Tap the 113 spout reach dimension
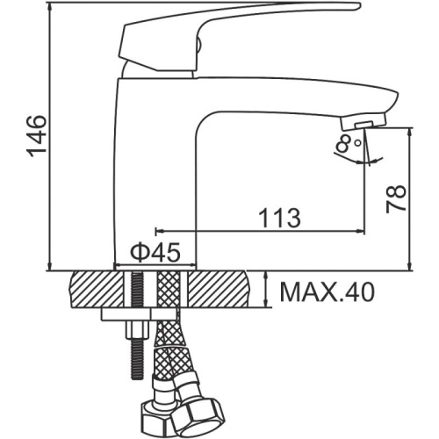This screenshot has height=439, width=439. (x=280, y=218)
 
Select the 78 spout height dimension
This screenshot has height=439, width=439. (x=396, y=198)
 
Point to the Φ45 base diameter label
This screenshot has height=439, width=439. (x=155, y=253)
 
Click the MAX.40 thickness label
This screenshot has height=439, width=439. (x=327, y=292)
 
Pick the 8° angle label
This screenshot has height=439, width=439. (x=349, y=143)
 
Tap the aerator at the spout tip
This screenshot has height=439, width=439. (x=363, y=121)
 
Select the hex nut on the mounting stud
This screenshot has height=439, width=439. (x=137, y=329)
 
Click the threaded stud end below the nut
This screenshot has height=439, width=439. (x=137, y=358)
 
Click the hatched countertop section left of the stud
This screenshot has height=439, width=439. (x=97, y=289)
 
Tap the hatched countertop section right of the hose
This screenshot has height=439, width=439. (x=219, y=289)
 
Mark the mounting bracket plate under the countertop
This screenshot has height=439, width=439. (x=139, y=314)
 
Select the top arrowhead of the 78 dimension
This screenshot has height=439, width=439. (x=410, y=133)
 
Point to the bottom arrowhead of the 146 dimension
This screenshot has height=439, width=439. (x=51, y=266)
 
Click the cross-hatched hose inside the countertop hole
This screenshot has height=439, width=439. (x=168, y=289)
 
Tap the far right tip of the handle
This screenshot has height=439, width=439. (x=361, y=6)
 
